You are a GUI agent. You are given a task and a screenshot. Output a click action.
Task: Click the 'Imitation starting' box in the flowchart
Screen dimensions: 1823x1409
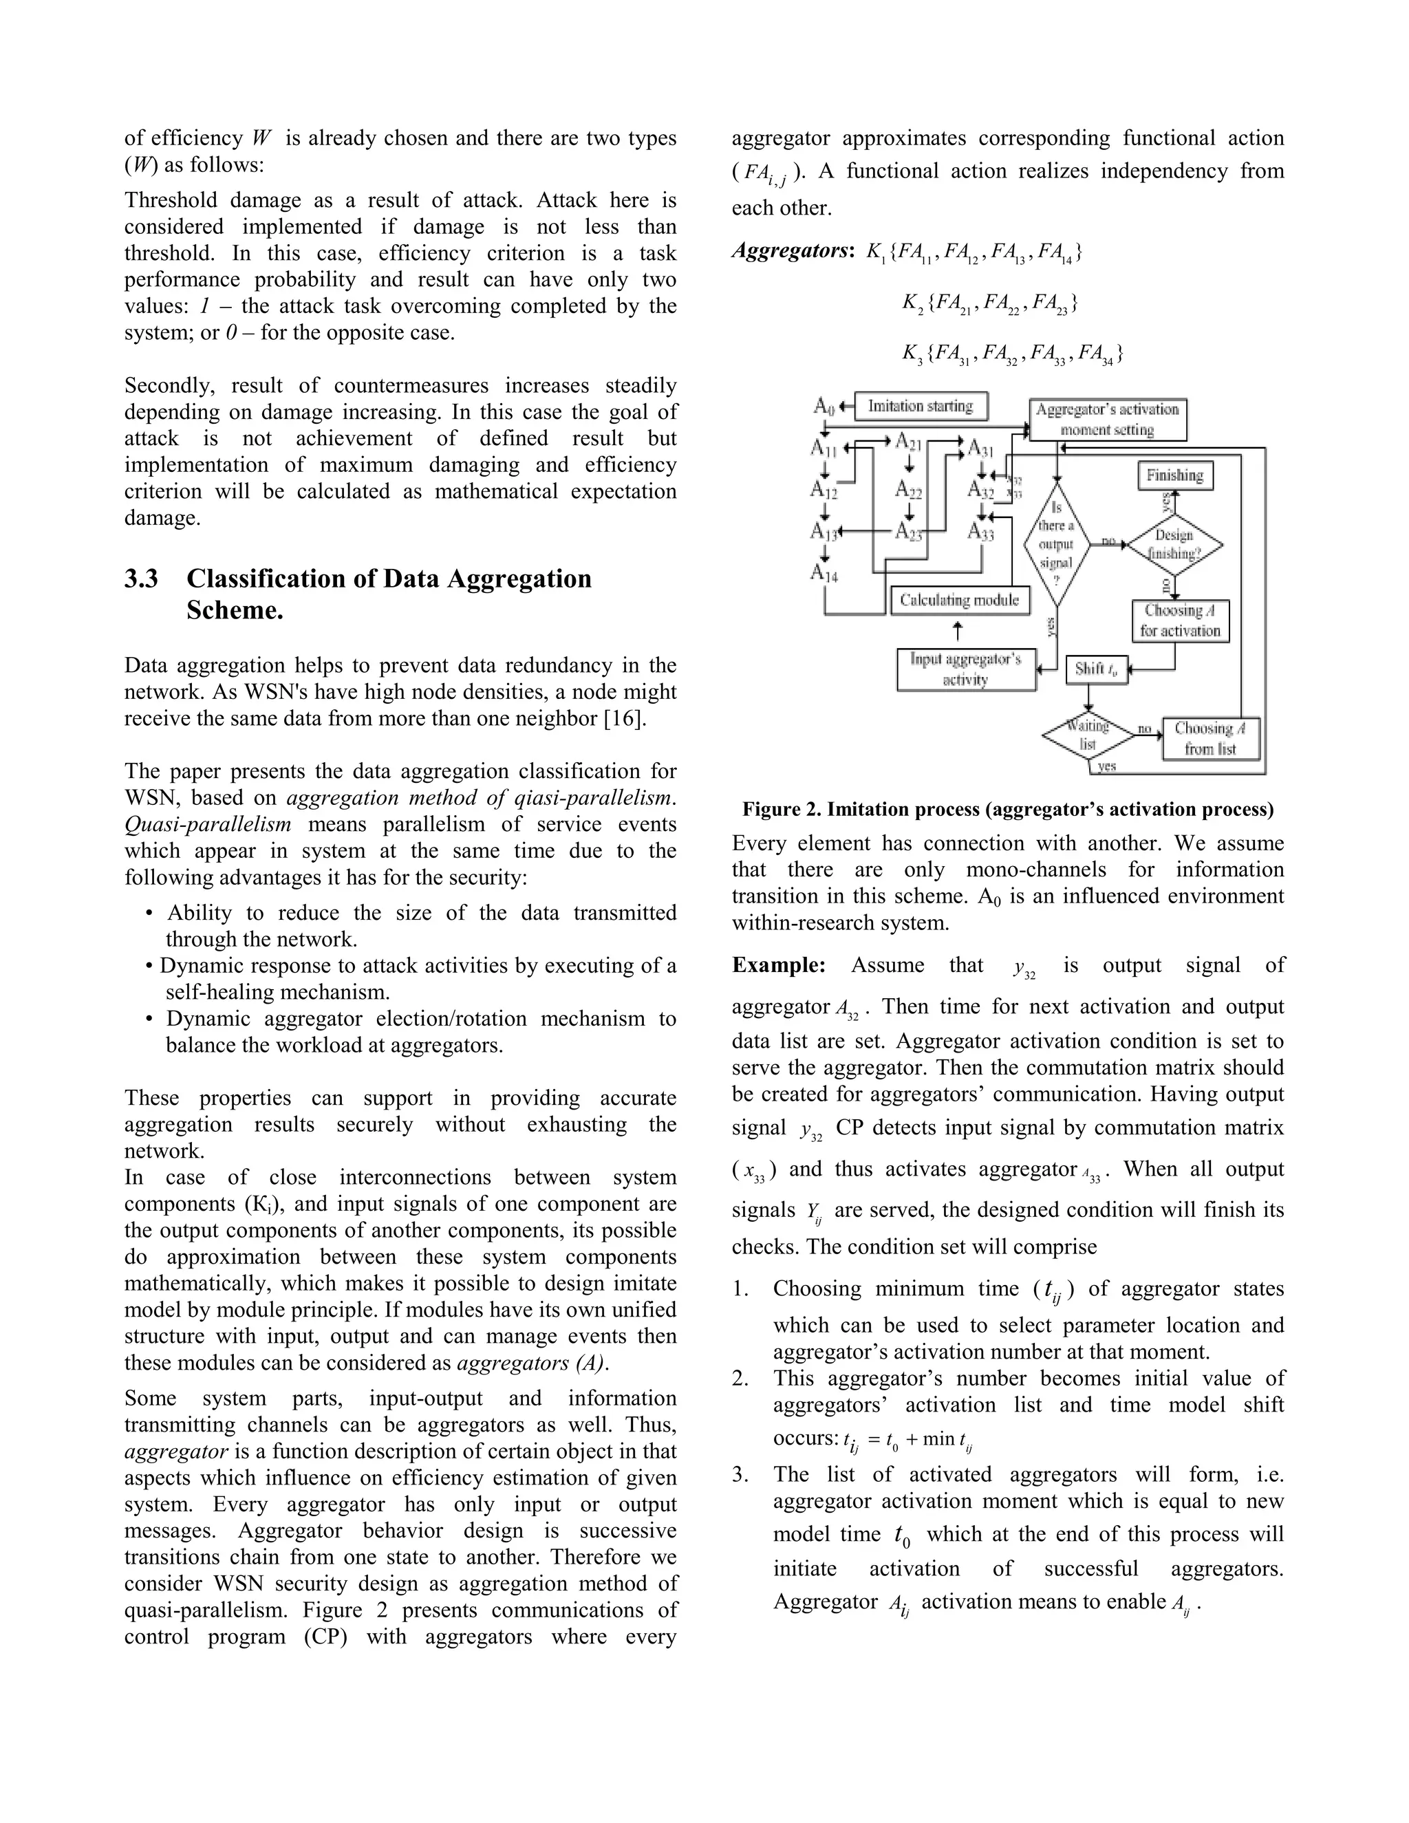[921, 407]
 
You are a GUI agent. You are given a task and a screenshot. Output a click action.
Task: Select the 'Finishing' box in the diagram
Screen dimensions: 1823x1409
[1174, 476]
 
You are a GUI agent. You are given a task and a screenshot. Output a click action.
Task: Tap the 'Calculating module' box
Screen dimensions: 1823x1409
[960, 600]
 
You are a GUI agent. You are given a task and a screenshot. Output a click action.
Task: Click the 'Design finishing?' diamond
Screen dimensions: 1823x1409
[1174, 544]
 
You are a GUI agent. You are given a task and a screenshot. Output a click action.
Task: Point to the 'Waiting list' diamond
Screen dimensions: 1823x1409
[1088, 735]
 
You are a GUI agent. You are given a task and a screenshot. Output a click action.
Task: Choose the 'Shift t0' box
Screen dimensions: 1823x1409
[1097, 669]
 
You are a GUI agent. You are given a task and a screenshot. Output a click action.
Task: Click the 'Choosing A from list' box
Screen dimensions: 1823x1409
[1210, 739]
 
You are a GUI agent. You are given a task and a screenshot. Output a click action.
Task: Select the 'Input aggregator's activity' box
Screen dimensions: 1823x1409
[966, 669]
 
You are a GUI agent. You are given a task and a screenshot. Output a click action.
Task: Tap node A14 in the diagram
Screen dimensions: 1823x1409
[824, 572]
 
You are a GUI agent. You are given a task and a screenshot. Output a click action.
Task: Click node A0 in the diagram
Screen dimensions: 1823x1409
[824, 407]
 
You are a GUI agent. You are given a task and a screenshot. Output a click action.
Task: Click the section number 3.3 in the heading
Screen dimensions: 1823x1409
[141, 579]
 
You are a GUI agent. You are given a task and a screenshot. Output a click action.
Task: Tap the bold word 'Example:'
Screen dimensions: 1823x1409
[778, 965]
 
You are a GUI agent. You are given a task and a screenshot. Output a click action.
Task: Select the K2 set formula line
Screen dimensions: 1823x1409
[989, 303]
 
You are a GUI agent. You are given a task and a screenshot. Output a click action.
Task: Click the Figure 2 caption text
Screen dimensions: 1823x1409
[1007, 809]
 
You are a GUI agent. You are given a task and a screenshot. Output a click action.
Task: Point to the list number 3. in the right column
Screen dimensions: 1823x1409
[741, 1475]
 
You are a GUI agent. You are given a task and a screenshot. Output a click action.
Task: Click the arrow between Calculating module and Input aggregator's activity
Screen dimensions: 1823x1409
[958, 631]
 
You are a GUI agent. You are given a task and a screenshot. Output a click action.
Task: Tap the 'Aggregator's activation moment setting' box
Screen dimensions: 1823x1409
[1107, 420]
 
